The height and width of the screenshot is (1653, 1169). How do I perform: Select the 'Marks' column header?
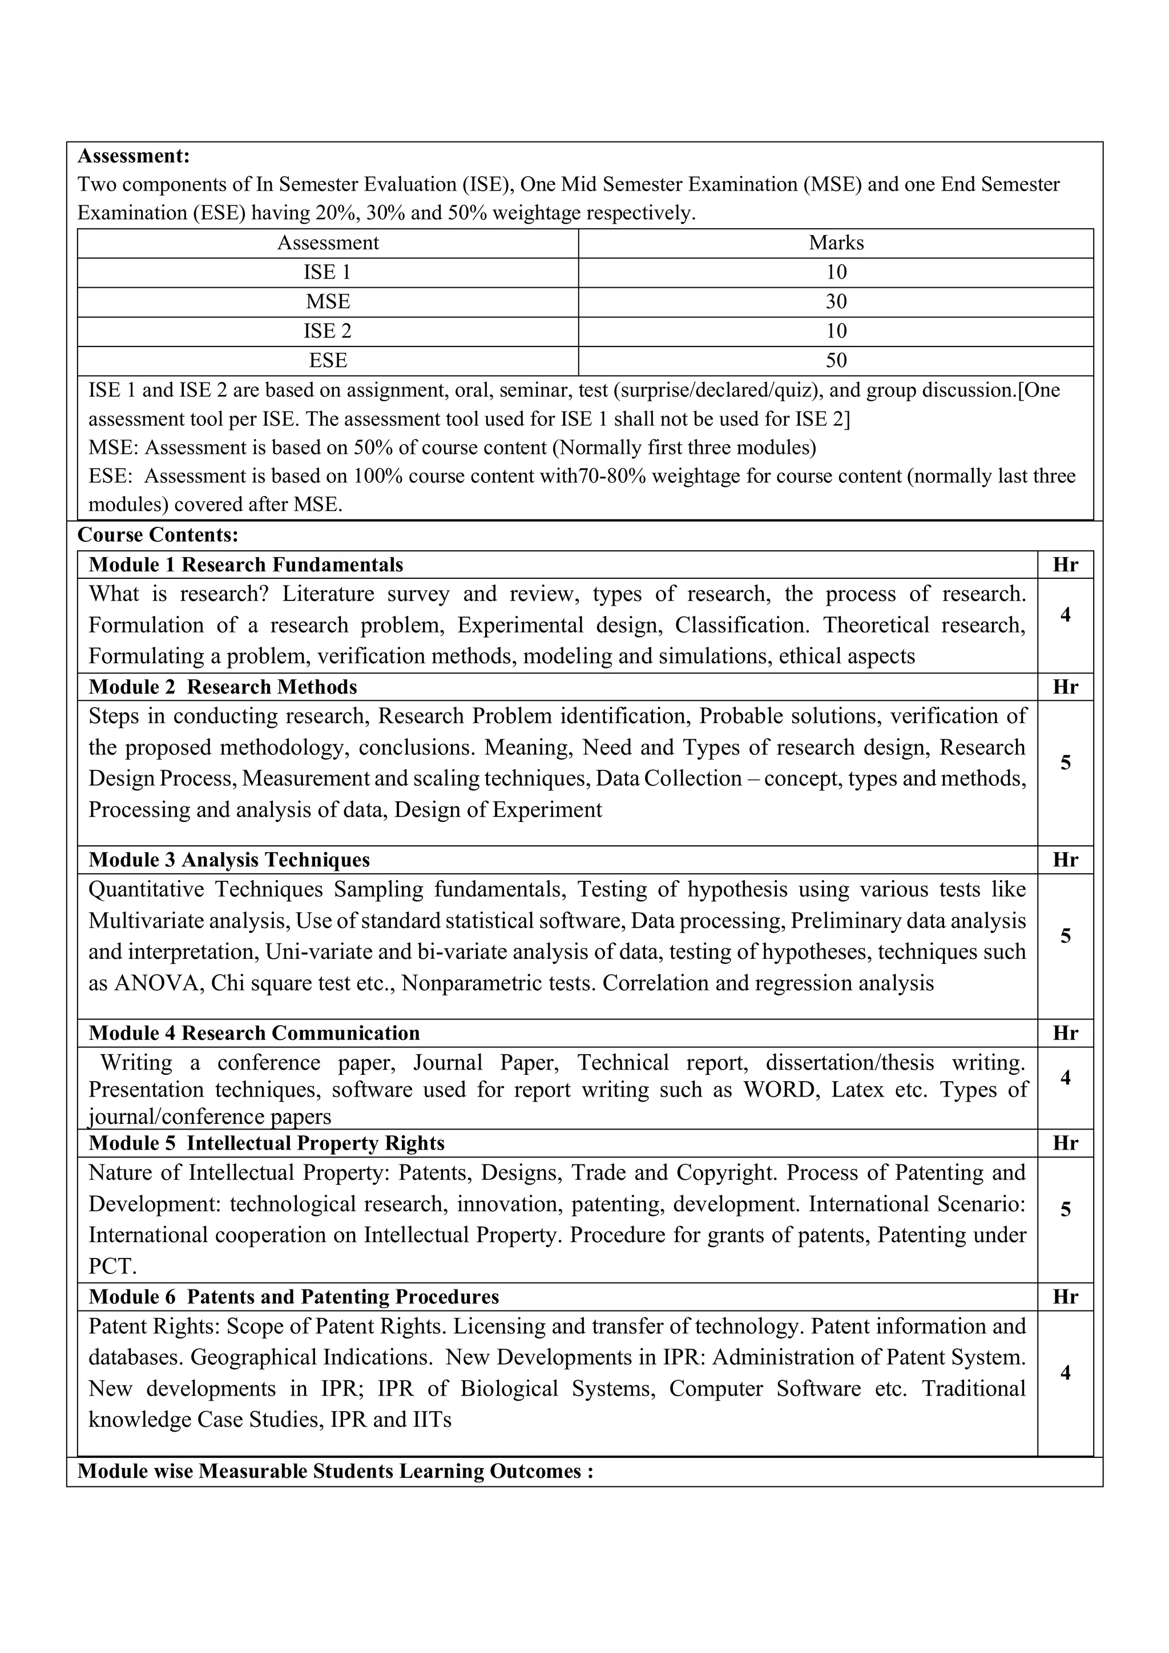point(836,243)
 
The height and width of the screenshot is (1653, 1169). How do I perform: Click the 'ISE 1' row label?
point(328,273)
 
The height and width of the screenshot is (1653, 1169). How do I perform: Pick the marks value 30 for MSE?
point(836,301)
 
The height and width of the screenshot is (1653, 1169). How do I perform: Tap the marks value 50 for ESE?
point(836,361)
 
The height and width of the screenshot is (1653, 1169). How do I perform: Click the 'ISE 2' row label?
point(328,331)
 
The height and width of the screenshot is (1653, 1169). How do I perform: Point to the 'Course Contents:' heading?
point(158,535)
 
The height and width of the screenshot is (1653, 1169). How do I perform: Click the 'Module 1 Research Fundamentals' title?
point(245,565)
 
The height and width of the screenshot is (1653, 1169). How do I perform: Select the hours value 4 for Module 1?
point(1065,615)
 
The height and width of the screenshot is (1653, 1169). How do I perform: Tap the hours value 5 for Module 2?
point(1065,763)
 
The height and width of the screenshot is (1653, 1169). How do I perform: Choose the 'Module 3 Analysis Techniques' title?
point(229,860)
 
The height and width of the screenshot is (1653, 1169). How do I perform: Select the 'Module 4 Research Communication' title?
point(253,1033)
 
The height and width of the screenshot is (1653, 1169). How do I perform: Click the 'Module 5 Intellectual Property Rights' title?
point(267,1143)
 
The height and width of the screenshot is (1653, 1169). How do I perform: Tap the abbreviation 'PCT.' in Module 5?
point(112,1267)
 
